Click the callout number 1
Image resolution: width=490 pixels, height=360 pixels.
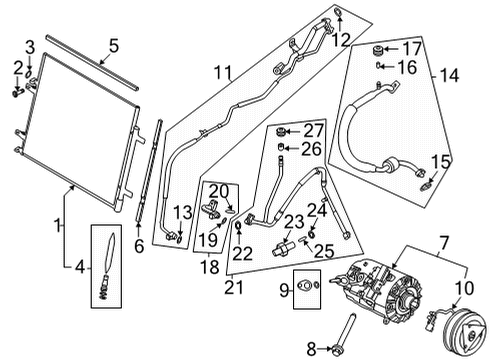pos(58,225)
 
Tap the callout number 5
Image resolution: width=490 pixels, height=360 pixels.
pos(113,45)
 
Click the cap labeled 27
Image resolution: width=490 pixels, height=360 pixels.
pos(284,131)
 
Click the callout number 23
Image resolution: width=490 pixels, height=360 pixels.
pos(294,222)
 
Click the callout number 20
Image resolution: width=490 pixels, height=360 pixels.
pos(219,191)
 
